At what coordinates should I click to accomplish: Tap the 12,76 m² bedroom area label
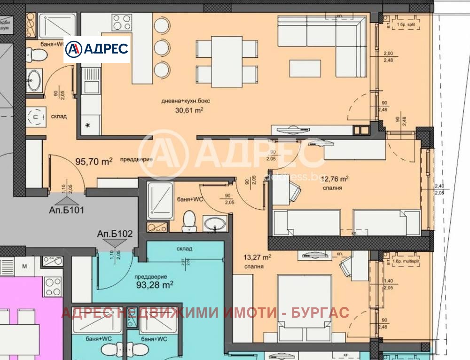tap(337, 179)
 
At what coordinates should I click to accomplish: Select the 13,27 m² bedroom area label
tap(257, 257)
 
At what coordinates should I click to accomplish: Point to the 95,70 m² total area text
tap(94, 161)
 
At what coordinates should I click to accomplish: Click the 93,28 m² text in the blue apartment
tap(155, 284)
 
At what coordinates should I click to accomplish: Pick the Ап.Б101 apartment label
tap(66, 210)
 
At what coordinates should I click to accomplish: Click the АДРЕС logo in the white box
tap(97, 49)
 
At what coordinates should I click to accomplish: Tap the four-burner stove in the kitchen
tap(122, 23)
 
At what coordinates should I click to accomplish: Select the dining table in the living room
tap(227, 60)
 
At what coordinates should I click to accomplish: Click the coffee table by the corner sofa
tap(305, 68)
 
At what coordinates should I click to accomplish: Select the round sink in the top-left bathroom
tap(34, 80)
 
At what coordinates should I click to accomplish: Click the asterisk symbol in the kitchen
tap(87, 125)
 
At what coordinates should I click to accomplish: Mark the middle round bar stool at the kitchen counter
tap(161, 47)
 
